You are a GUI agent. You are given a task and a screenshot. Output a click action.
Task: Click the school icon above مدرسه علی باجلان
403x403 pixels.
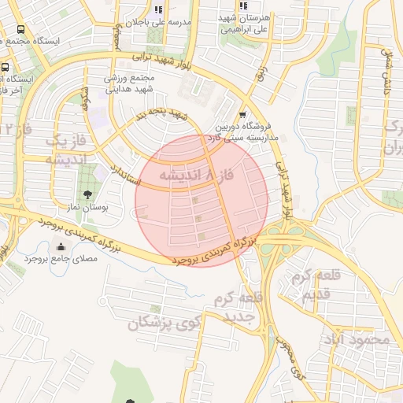[158, 9]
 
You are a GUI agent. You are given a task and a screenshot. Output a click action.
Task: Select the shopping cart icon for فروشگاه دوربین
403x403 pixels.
[242, 114]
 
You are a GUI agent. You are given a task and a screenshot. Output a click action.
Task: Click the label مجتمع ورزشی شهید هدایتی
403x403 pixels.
[131, 85]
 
